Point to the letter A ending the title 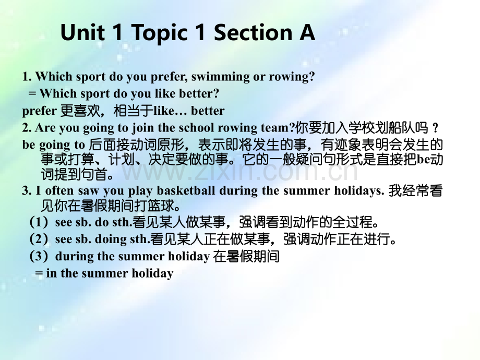pos(307,33)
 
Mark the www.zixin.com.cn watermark pos(240,171)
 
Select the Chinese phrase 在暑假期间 pos(247,256)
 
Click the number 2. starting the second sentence pos(27,128)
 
